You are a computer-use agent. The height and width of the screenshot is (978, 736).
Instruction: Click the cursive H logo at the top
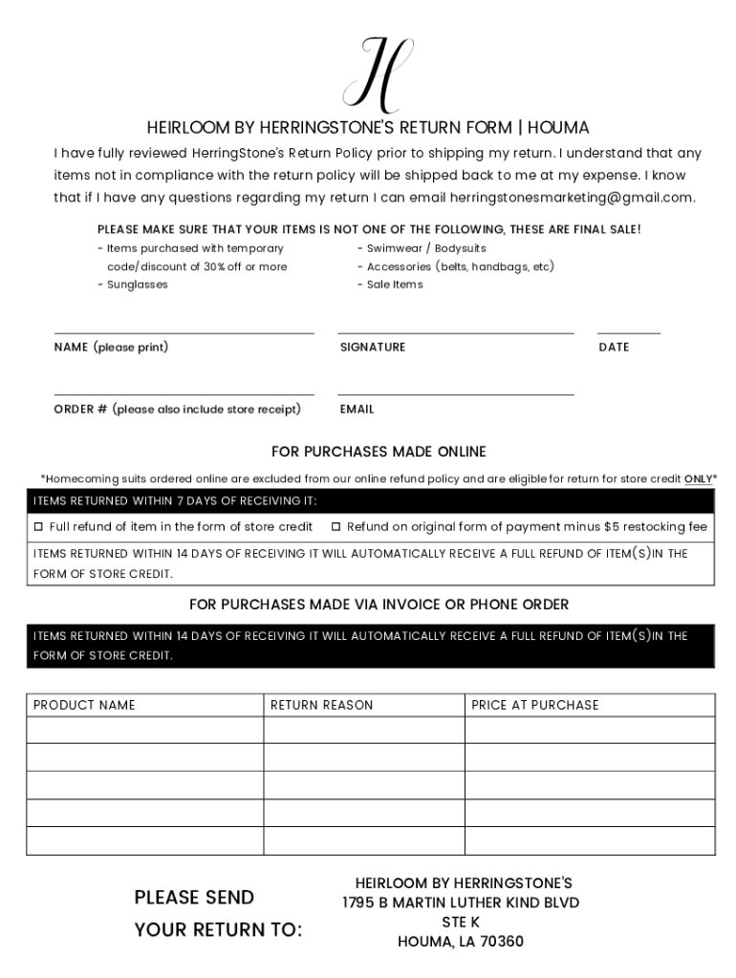click(x=379, y=74)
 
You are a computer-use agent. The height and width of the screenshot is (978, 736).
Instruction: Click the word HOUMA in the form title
click(x=558, y=128)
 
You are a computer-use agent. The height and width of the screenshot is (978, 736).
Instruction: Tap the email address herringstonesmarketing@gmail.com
click(x=572, y=198)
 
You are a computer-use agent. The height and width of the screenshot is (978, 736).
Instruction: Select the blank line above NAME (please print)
click(x=184, y=332)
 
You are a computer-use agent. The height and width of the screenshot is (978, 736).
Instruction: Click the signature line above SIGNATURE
click(x=455, y=332)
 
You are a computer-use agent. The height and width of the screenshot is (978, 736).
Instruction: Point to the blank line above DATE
click(x=629, y=332)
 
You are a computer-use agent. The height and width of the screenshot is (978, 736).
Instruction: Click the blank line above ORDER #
click(x=184, y=393)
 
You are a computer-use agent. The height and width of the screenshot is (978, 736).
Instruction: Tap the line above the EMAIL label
click(x=455, y=393)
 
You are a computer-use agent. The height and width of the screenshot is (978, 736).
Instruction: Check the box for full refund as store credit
click(x=39, y=527)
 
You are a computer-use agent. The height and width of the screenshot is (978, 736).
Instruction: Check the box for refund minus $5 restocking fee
click(x=336, y=527)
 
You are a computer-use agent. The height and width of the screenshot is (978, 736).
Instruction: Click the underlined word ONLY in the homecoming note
click(x=698, y=479)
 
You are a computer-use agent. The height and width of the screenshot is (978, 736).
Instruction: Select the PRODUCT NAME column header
click(x=84, y=705)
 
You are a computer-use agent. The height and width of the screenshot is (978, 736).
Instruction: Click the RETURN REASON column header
click(x=322, y=705)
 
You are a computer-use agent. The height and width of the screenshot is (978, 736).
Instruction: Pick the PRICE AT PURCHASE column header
click(x=535, y=705)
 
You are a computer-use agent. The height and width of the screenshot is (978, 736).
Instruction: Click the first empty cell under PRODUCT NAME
click(x=144, y=731)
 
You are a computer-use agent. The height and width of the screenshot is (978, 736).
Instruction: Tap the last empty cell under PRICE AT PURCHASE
click(x=590, y=840)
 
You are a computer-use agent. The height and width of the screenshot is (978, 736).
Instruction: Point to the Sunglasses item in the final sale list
click(x=137, y=285)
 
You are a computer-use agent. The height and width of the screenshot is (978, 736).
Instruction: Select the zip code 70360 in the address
click(x=502, y=942)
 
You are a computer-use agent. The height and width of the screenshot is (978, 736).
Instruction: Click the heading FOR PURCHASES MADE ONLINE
click(x=379, y=452)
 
